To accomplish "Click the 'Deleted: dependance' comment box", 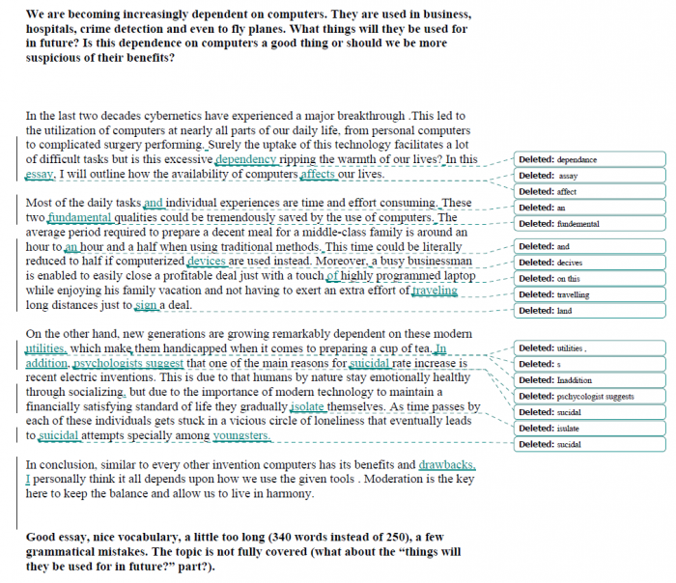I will click(x=588, y=159).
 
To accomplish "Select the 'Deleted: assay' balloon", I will click(x=588, y=176).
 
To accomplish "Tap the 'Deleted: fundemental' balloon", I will click(x=588, y=224).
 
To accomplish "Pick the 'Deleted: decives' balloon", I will click(x=588, y=263).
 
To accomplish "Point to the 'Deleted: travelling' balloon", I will click(x=588, y=294).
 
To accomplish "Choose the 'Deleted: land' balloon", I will click(x=588, y=311).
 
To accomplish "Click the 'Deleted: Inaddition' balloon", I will click(x=588, y=380).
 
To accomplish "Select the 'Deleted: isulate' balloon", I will click(x=588, y=429).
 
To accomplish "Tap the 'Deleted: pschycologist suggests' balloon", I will click(x=588, y=396).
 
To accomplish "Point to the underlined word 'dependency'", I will click(x=246, y=159).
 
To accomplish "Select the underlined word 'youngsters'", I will click(x=241, y=435).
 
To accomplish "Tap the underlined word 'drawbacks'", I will click(x=446, y=464).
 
